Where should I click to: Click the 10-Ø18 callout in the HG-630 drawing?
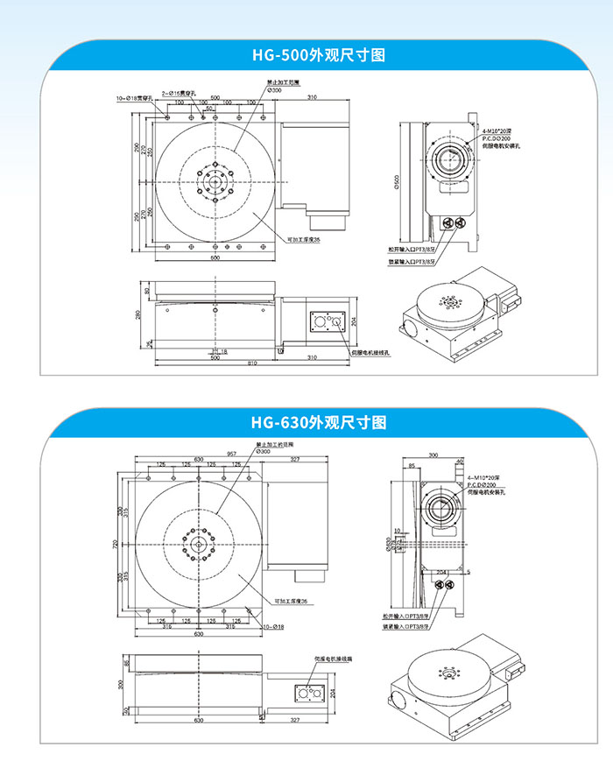[272, 626]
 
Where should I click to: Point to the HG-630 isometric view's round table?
[444, 673]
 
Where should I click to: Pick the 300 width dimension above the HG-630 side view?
[433, 455]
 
